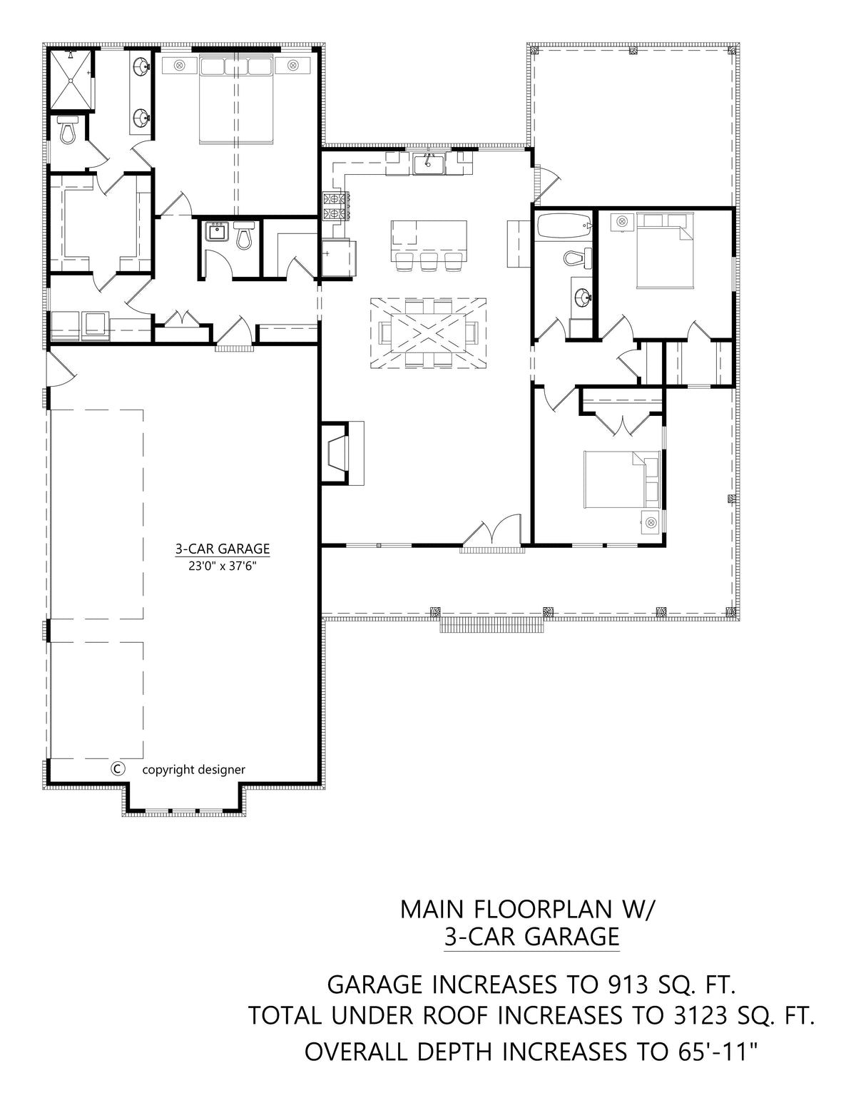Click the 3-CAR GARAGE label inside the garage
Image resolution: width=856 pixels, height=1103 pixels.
(x=223, y=549)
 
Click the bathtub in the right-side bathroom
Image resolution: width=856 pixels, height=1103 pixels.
(x=563, y=225)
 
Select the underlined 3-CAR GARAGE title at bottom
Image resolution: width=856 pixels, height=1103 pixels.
(x=531, y=936)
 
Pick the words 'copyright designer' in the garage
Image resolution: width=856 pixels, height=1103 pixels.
(x=193, y=769)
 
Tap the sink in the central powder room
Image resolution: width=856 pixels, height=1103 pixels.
(x=215, y=231)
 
